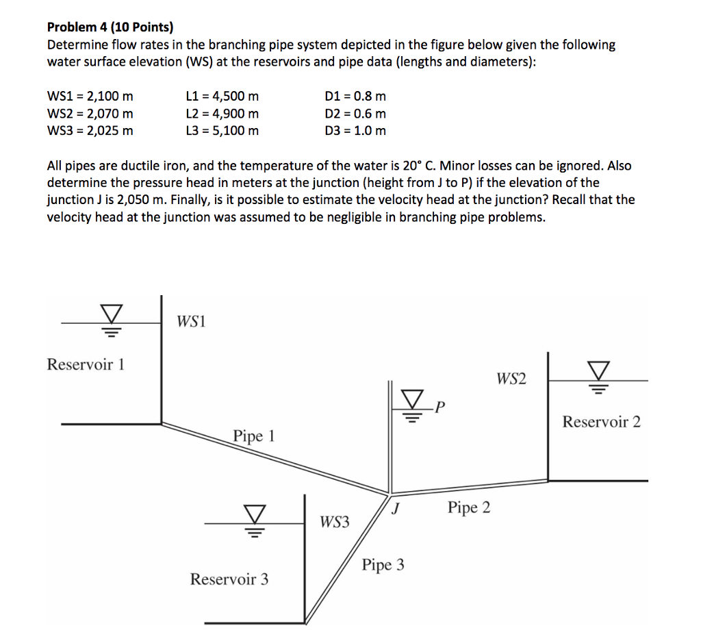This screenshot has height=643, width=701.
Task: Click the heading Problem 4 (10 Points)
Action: coord(110,27)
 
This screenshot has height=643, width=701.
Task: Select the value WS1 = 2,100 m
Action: coord(90,97)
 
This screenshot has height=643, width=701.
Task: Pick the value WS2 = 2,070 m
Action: coord(90,114)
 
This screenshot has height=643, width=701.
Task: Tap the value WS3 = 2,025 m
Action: coord(90,130)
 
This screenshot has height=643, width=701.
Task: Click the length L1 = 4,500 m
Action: coord(222,97)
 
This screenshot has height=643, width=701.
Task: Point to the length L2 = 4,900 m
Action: coord(222,114)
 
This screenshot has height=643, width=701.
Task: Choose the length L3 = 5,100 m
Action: coord(222,130)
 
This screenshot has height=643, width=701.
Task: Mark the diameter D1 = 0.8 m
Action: coord(355,97)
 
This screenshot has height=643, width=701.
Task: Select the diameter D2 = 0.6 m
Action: coord(355,114)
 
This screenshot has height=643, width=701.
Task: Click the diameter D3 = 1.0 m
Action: coord(355,130)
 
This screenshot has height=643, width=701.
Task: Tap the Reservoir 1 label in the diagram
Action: coord(86,364)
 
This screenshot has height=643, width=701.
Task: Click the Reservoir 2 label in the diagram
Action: coord(602,422)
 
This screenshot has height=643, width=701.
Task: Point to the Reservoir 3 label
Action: coord(229,579)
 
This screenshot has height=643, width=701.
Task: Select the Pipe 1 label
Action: coord(253,436)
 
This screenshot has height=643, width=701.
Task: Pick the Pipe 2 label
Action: coord(469,508)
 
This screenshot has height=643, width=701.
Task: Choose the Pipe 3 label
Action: coord(383,565)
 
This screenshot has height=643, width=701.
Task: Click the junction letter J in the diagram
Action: coord(396,509)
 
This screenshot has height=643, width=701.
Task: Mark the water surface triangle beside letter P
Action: coord(412,398)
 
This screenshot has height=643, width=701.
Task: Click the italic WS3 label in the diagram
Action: coord(334,522)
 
